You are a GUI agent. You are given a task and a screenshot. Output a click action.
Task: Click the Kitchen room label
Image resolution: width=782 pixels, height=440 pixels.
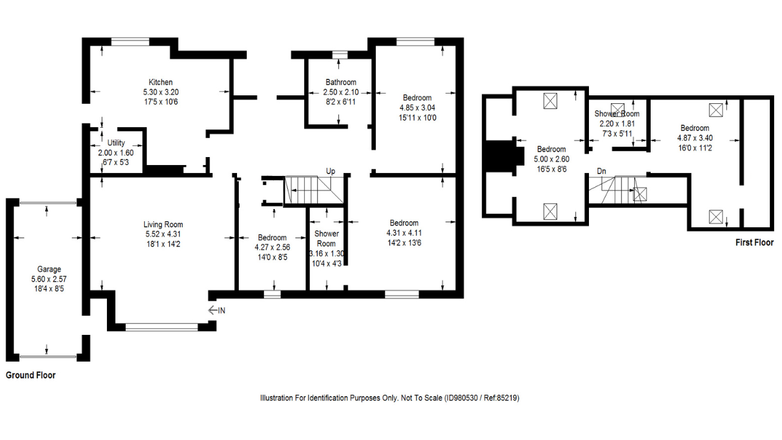tap(161, 82)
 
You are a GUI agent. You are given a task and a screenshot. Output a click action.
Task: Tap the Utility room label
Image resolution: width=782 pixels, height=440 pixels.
tap(116, 143)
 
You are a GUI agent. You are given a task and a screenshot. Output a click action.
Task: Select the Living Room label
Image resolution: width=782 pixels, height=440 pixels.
tap(164, 225)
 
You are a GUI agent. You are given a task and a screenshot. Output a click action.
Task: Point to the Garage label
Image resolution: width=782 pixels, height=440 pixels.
tap(49, 269)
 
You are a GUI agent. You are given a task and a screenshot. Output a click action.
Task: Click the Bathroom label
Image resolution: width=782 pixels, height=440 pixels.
tap(340, 82)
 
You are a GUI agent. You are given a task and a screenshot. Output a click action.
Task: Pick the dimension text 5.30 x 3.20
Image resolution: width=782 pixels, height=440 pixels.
tap(161, 92)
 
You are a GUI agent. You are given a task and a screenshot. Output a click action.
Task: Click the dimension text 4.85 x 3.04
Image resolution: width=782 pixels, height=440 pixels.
tap(417, 108)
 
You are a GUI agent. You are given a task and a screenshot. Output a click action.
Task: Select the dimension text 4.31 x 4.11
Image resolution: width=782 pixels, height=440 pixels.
tap(404, 233)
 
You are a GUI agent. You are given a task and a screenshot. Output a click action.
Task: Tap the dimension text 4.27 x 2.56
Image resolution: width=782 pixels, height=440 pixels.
tap(272, 248)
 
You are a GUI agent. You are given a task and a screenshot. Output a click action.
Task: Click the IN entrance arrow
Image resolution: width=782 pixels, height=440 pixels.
tap(217, 310)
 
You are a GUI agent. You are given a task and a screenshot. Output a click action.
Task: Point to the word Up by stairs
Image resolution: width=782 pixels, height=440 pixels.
tap(331, 171)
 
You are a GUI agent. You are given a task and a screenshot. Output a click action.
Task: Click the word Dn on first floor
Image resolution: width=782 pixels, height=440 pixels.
tap(602, 171)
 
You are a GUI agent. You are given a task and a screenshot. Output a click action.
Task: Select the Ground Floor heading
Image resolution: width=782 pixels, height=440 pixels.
tap(31, 375)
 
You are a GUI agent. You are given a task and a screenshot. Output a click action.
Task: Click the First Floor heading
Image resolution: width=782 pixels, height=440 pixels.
tap(755, 243)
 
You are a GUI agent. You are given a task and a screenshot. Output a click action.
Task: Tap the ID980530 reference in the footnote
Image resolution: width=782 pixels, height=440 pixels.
tap(464, 398)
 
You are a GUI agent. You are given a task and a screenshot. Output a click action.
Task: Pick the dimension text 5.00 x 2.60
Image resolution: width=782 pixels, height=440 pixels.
tap(551, 159)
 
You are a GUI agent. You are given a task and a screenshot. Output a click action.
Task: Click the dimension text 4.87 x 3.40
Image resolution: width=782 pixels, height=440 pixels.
tap(695, 137)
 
